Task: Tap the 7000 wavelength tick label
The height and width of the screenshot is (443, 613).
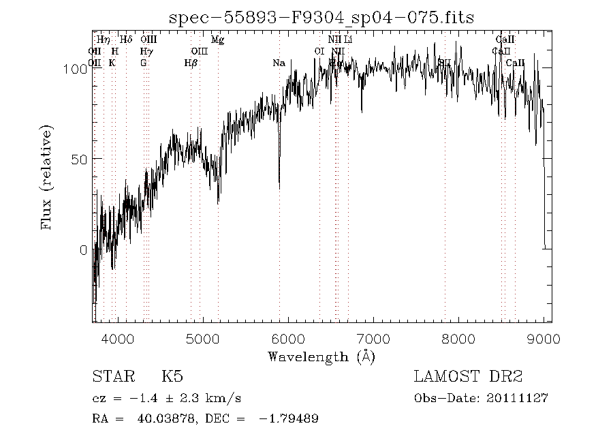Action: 373,339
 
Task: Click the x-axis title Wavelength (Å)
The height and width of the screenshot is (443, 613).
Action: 321,356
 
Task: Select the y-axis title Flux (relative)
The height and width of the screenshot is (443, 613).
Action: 47,177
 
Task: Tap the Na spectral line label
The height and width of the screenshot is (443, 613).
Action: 279,63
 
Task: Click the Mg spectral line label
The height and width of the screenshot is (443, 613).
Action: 218,40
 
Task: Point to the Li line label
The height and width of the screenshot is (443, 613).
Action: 348,40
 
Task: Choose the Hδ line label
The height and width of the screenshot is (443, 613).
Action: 126,40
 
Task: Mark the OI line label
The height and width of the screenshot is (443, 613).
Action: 319,52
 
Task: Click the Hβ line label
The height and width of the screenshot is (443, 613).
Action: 191,63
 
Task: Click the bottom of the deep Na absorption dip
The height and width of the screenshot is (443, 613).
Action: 279,187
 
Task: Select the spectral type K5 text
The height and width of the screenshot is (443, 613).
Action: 172,376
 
